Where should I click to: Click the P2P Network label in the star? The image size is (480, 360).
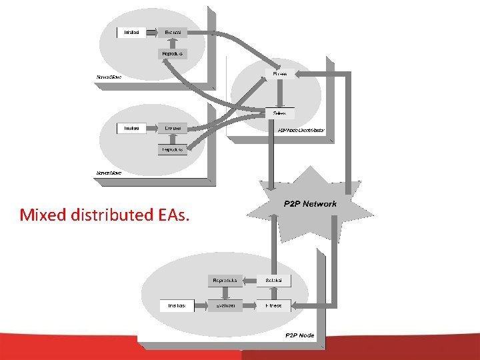310,203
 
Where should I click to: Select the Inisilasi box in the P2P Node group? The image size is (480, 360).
177,305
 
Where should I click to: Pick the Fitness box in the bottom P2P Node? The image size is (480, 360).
273,305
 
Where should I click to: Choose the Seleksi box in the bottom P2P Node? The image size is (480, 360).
273,281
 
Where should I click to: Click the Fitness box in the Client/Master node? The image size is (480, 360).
280,73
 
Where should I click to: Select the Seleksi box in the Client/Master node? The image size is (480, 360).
280,113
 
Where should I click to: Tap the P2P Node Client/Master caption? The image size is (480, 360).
301,131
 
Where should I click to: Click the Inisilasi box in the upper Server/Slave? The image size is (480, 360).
131,32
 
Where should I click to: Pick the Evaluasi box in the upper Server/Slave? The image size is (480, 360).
173,32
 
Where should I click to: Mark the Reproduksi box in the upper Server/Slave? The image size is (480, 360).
173,53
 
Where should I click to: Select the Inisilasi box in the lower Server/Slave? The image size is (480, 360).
131,127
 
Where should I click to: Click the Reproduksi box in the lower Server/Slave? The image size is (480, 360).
172,149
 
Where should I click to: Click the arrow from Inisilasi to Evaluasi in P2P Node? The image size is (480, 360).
201,305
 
